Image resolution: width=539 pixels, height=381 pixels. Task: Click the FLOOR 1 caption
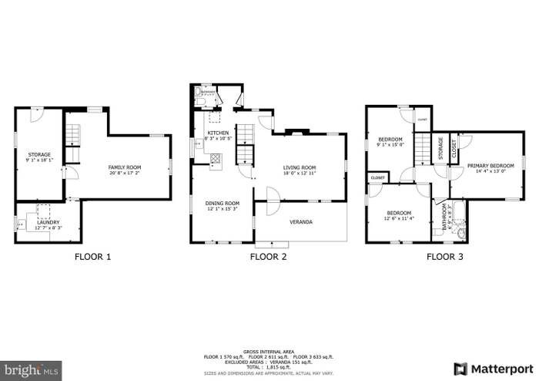[x=92, y=257]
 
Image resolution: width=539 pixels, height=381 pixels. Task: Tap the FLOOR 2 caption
[x=269, y=257]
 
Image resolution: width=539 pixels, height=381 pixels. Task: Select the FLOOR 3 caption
[x=445, y=257]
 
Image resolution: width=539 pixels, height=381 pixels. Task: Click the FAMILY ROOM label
[x=124, y=166]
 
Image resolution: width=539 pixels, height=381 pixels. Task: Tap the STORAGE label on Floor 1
[x=39, y=155]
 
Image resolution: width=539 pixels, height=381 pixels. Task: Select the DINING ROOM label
[x=220, y=204]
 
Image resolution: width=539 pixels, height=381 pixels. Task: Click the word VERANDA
[x=301, y=222]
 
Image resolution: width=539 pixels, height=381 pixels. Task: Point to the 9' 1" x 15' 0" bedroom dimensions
[x=390, y=144]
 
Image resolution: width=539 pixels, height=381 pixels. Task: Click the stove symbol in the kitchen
[x=215, y=160]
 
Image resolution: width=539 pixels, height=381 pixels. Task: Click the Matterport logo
[x=494, y=368]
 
